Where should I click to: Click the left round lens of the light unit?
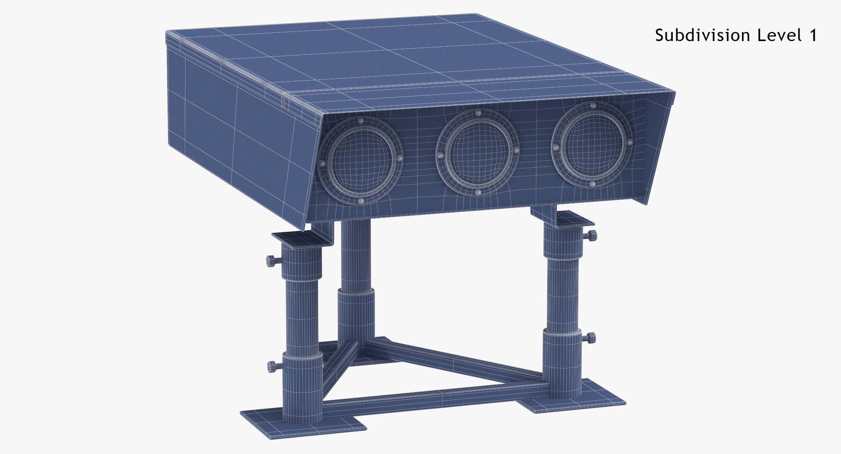pyautogui.click(x=360, y=162)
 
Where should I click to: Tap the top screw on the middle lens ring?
pyautogui.click(x=478, y=113)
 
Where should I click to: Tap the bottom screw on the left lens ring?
pyautogui.click(x=361, y=201)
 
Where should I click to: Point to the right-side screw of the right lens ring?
pyautogui.click(x=629, y=142)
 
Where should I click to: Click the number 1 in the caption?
pyautogui.click(x=813, y=35)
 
